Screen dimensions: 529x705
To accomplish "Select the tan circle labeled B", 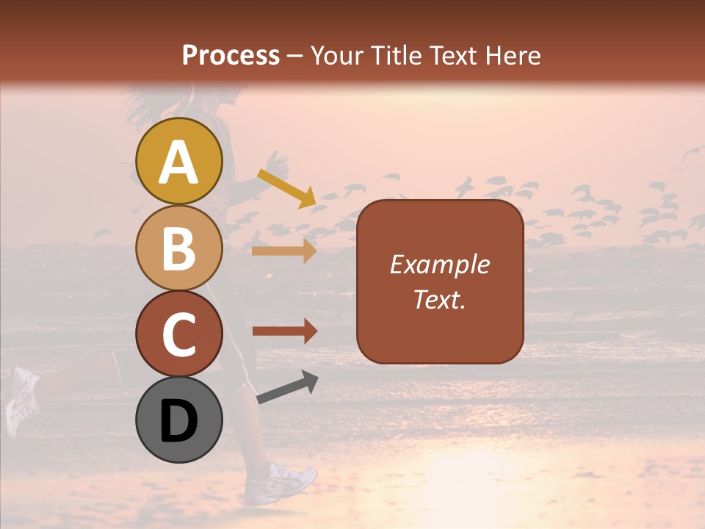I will click(178, 248).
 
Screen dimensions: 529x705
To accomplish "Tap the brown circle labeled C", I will click(178, 334).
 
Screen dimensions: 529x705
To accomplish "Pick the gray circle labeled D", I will click(178, 420).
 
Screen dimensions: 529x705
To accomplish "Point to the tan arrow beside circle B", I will click(284, 251).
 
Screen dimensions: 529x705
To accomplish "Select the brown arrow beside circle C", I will click(284, 331).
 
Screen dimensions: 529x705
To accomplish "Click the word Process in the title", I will click(231, 55).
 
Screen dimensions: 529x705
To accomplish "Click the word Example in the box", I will click(439, 264).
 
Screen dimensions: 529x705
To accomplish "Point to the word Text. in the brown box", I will click(439, 299).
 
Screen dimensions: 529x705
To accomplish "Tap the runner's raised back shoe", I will click(22, 400).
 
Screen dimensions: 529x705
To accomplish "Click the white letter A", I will click(178, 162).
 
